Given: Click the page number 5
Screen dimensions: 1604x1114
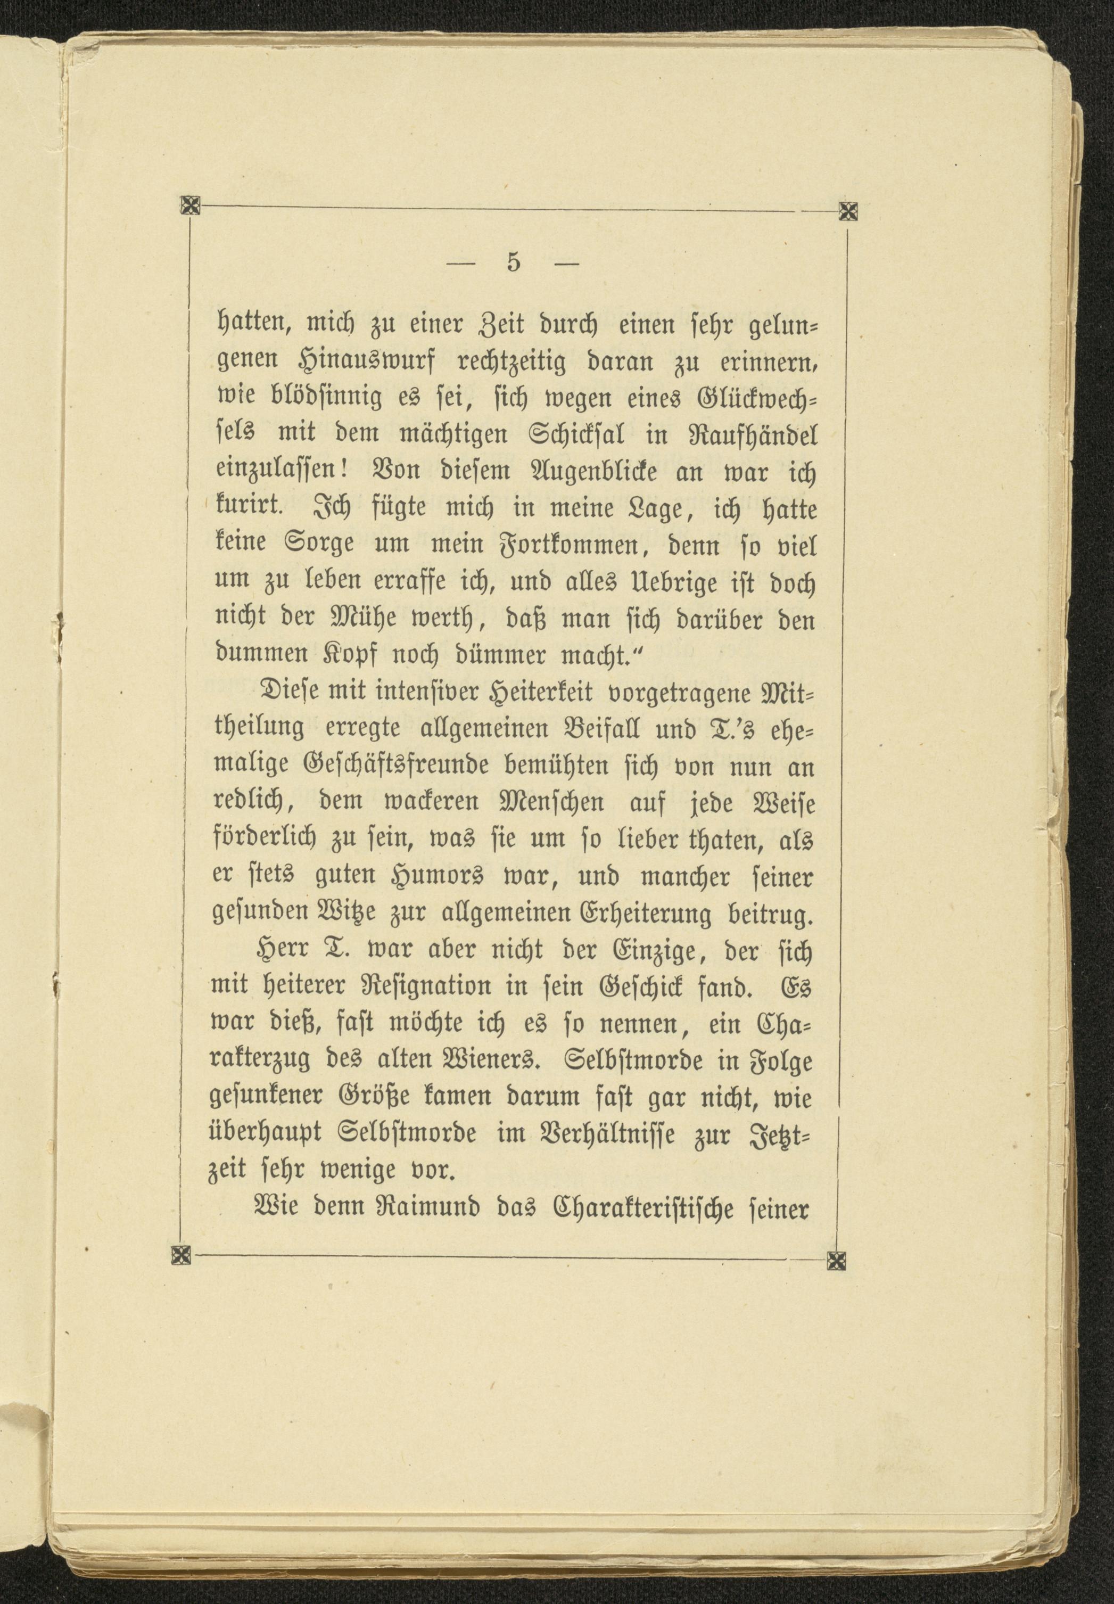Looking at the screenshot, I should point(514,263).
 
